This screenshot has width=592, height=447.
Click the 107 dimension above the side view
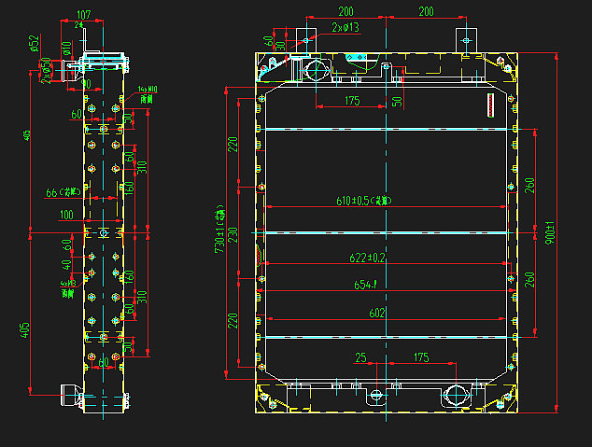click(83, 14)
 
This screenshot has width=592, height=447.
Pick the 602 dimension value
click(376, 314)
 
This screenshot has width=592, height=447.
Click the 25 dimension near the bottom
click(362, 357)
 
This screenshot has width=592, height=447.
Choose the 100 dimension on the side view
click(64, 217)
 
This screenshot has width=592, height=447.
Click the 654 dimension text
click(364, 286)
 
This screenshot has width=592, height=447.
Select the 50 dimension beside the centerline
click(397, 101)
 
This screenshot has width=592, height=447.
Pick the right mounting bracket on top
click(466, 40)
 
